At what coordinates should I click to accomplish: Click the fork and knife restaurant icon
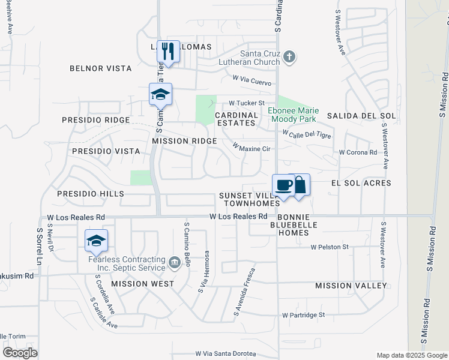pos(169,50)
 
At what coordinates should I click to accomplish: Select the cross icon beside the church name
pos(289,57)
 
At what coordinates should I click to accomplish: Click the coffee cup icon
pos(285,184)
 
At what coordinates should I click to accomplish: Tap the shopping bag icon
pos(300,184)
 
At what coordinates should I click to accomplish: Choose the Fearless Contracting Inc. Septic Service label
pos(127,263)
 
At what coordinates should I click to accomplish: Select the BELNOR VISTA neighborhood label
pos(101,68)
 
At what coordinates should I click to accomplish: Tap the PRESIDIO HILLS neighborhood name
pos(91,194)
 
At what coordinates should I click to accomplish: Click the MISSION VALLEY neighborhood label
pos(351,286)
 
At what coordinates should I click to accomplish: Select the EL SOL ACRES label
pos(361,183)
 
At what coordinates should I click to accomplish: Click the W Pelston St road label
pos(330,247)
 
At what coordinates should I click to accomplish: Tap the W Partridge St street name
pos(303,314)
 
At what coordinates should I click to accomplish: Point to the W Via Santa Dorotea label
pos(225,354)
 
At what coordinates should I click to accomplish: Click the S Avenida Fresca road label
pos(246,292)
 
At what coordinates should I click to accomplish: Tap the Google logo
pos(20,353)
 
